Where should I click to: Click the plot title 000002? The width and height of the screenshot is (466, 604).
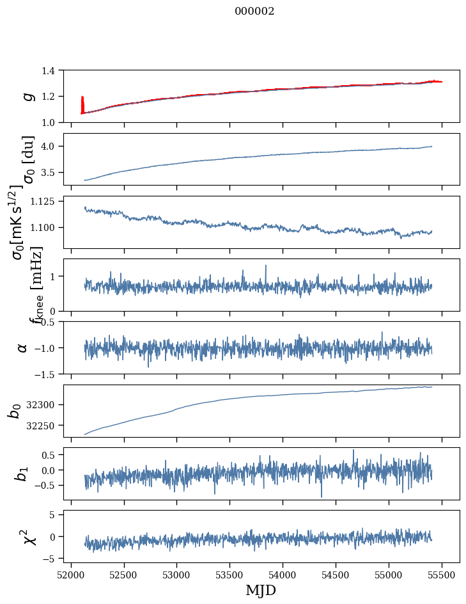click(x=254, y=12)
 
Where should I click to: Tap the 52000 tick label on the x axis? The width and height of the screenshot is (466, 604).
click(x=71, y=574)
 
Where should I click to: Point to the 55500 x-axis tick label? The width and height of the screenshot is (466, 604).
click(x=442, y=574)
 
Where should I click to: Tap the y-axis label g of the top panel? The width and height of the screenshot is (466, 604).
click(x=27, y=96)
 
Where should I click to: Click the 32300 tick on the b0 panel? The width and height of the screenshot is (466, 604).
click(x=45, y=404)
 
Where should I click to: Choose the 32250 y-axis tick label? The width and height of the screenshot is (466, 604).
click(x=45, y=425)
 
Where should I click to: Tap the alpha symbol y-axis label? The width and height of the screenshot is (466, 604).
click(x=23, y=347)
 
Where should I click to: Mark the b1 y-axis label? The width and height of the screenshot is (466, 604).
click(x=23, y=473)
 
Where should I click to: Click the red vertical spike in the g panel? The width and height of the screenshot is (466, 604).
click(x=82, y=104)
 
